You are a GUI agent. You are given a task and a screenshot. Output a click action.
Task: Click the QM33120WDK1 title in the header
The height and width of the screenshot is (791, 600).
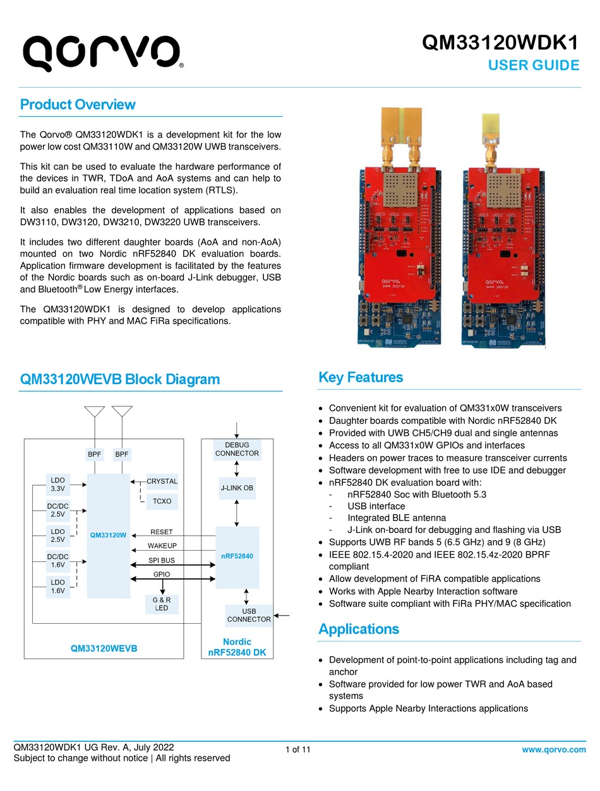(500, 43)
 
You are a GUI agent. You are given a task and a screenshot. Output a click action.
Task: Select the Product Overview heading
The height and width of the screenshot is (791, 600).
(78, 105)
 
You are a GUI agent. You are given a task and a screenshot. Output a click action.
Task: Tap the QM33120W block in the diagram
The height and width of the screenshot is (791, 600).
(108, 535)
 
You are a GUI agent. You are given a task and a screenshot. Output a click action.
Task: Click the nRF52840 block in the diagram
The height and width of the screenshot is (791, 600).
(237, 556)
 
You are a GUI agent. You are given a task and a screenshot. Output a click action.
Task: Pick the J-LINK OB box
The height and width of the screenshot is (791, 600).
(237, 488)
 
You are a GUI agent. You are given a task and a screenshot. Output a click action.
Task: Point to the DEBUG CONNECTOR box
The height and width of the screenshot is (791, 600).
(237, 449)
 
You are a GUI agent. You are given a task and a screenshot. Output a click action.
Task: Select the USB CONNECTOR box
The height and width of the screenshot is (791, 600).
(248, 615)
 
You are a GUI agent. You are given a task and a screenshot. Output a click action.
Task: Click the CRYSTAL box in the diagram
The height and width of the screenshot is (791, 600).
(162, 481)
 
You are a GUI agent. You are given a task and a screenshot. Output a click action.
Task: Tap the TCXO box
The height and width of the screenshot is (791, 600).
(162, 501)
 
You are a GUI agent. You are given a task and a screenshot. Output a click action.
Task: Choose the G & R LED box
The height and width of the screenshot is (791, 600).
(162, 604)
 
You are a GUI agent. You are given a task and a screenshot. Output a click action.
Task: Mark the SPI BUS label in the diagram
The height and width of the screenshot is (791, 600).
(162, 560)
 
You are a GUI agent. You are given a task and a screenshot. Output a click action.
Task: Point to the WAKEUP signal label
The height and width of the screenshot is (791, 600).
(162, 546)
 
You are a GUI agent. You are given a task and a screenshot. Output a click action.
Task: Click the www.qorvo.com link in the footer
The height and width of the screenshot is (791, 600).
(554, 749)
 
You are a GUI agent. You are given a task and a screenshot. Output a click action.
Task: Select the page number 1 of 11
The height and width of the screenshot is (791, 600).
(298, 750)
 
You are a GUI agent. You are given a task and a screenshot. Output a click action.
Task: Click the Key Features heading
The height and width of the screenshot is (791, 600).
(361, 378)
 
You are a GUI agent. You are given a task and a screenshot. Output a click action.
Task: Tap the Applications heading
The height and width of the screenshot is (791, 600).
(359, 629)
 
